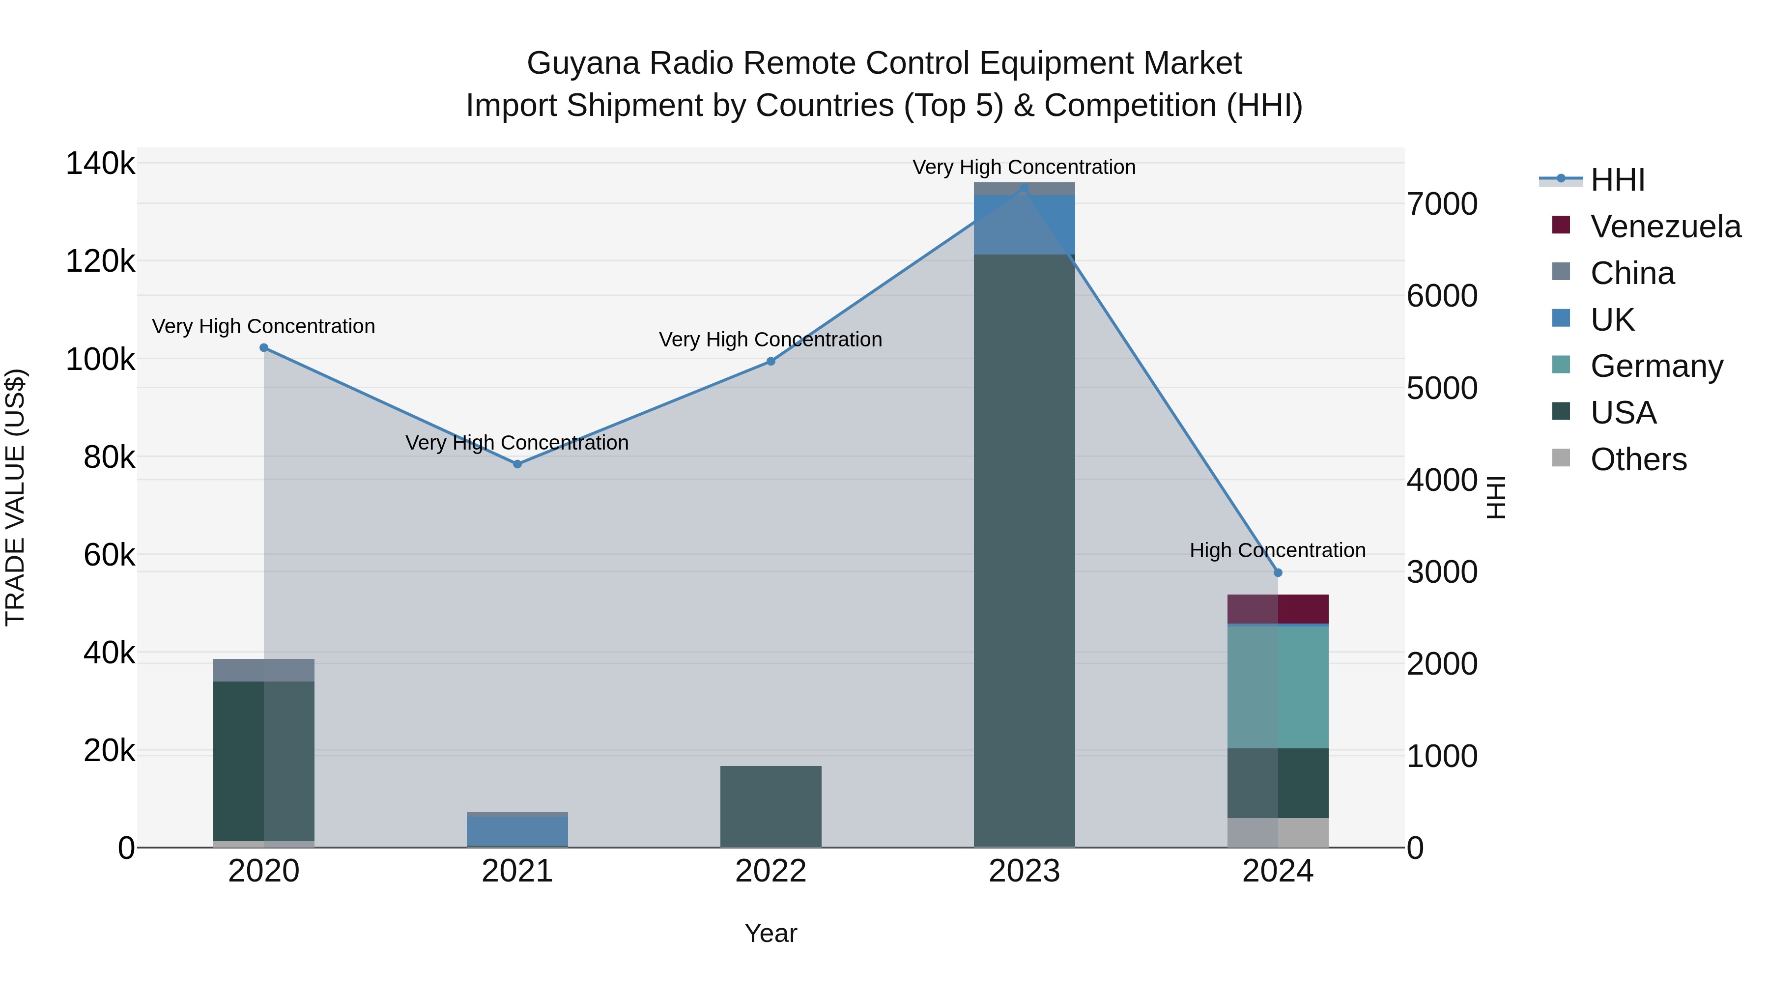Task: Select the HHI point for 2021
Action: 517,464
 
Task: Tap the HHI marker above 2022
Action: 770,361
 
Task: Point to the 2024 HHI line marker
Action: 1277,573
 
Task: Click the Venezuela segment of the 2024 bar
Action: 1277,609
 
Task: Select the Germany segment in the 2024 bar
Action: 1277,687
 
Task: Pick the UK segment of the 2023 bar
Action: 1024,225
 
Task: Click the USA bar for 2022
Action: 770,806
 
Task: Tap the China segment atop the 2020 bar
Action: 264,670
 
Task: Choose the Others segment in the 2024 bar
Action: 1277,832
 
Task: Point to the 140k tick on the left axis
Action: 100,164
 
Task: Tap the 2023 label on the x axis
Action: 1024,871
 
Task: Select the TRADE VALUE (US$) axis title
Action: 15,497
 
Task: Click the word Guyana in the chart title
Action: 582,63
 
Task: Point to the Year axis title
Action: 770,933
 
